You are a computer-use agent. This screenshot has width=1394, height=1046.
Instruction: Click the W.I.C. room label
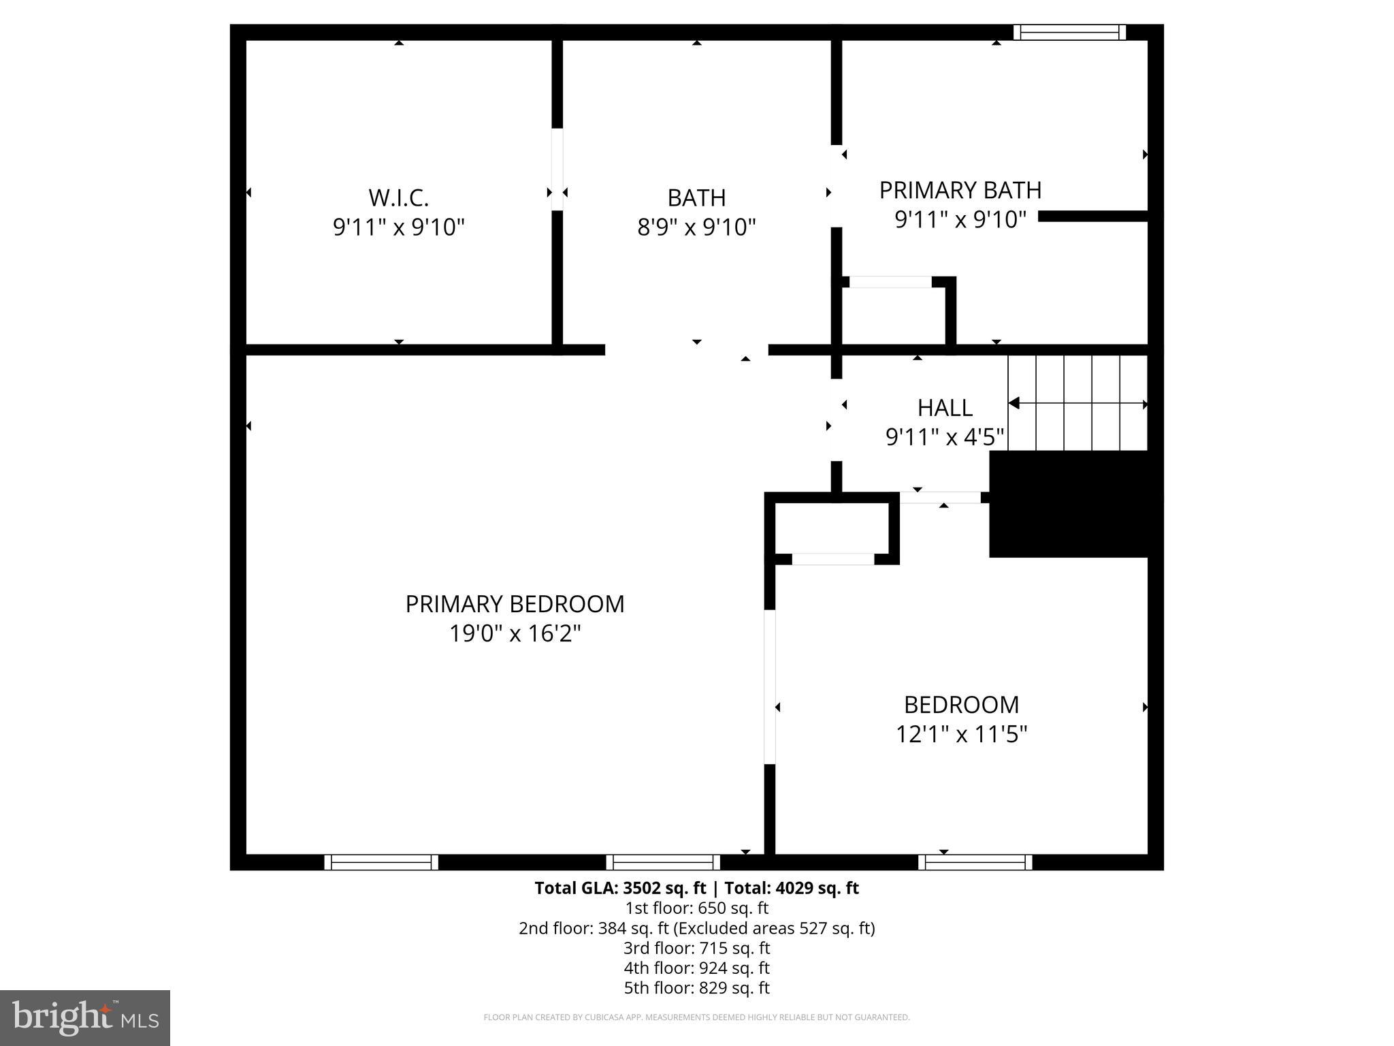pyautogui.click(x=399, y=197)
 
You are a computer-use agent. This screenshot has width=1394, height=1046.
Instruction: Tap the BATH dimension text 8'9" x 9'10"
pyautogui.click(x=696, y=227)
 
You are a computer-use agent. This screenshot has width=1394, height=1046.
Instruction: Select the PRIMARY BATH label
pyautogui.click(x=960, y=190)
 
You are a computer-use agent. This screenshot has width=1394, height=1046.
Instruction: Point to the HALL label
pyautogui.click(x=945, y=407)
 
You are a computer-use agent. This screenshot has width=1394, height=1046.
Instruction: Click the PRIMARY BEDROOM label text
pyautogui.click(x=515, y=604)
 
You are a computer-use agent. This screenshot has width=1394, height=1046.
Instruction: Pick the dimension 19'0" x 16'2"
pyautogui.click(x=515, y=634)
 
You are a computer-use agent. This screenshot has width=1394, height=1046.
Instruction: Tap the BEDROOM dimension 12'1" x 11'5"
pyautogui.click(x=960, y=734)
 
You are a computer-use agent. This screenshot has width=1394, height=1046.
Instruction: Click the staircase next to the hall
pyautogui.click(x=1077, y=403)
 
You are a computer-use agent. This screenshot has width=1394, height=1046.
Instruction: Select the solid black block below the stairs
pyautogui.click(x=1069, y=504)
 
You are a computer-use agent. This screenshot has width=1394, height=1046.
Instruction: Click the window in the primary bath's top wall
pyautogui.click(x=1069, y=32)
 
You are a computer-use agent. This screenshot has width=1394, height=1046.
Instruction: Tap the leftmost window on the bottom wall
pyautogui.click(x=381, y=862)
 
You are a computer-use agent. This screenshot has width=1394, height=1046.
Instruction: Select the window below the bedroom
pyautogui.click(x=975, y=862)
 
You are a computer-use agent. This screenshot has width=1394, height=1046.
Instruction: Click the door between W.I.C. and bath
pyautogui.click(x=557, y=170)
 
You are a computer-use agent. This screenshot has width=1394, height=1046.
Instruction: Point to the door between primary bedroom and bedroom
pyautogui.click(x=770, y=686)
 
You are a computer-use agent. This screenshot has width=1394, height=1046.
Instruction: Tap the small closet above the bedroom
pyautogui.click(x=832, y=528)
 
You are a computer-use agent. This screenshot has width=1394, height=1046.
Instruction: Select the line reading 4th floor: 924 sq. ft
pyautogui.click(x=696, y=968)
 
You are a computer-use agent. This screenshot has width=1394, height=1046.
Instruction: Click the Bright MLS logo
pyautogui.click(x=85, y=1017)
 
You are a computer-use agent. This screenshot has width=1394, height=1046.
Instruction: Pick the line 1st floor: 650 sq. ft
pyautogui.click(x=696, y=908)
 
